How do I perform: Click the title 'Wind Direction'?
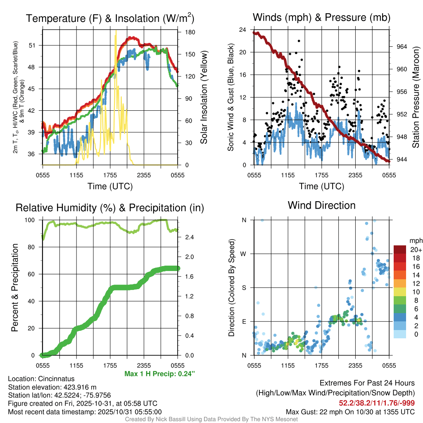point(321,205)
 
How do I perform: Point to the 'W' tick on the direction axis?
point(244,254)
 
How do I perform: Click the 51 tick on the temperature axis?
point(36,45)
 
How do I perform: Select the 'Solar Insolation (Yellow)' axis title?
point(203,97)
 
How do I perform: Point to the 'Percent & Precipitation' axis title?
point(15,288)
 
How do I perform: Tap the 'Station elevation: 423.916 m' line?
point(52,387)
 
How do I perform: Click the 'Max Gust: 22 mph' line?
point(350,411)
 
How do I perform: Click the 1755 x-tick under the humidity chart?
point(110,365)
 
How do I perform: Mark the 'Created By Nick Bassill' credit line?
point(211,419)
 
